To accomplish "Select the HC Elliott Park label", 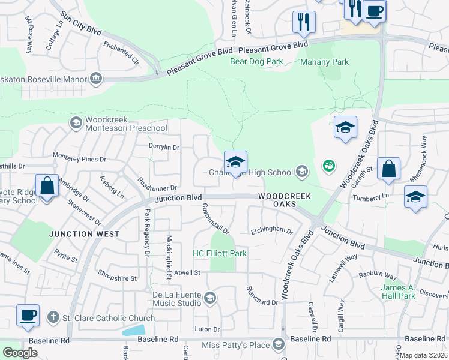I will [x=219, y=254].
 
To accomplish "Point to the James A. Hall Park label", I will [x=398, y=292].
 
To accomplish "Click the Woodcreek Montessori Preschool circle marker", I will [x=76, y=123].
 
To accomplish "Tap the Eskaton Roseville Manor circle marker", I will [x=95, y=78].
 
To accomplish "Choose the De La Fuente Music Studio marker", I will [x=209, y=297].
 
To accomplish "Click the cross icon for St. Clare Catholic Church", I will [x=53, y=317].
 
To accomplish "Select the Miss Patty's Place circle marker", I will [x=278, y=344].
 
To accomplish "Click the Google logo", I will [x=20, y=353].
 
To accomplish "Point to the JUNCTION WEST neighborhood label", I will [x=80, y=234].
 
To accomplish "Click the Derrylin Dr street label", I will [x=164, y=147].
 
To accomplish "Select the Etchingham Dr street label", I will [x=271, y=230].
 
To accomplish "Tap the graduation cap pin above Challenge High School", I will [x=235, y=161].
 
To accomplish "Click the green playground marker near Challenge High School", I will [x=328, y=165].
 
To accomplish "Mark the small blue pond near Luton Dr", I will [x=133, y=329].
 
